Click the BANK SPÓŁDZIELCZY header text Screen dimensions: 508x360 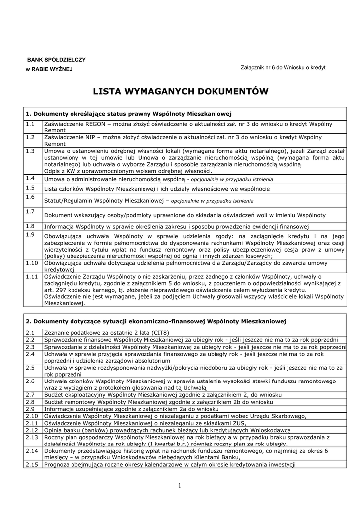[56, 60]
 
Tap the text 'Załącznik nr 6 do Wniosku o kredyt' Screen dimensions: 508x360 [283, 67]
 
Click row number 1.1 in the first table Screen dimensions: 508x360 [30, 123]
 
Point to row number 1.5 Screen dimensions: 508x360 [30, 188]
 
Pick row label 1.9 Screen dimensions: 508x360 [30, 234]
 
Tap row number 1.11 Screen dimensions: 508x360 [32, 276]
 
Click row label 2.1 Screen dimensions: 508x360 [30, 332]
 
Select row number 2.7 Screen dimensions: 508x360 [30, 395]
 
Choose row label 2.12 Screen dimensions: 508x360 [32, 430]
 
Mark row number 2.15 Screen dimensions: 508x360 [32, 465]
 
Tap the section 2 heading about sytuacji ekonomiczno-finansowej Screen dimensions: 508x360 [156, 321]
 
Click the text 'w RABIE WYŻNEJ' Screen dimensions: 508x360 [49, 69]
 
